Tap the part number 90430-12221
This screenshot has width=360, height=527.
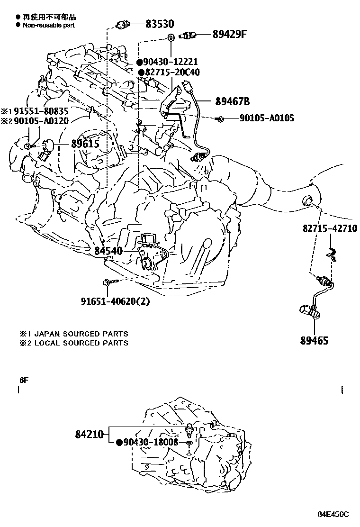point(171,62)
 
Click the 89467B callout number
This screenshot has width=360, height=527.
point(232,101)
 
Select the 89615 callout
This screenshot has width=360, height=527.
point(85,144)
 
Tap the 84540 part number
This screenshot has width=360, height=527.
point(108,251)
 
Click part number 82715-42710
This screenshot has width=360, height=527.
point(330,228)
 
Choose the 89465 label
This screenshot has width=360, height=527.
point(314,340)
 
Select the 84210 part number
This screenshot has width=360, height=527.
point(89,434)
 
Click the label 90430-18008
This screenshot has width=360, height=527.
point(151,442)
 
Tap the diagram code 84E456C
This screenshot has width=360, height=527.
point(333,514)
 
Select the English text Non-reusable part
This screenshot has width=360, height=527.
point(49,25)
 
